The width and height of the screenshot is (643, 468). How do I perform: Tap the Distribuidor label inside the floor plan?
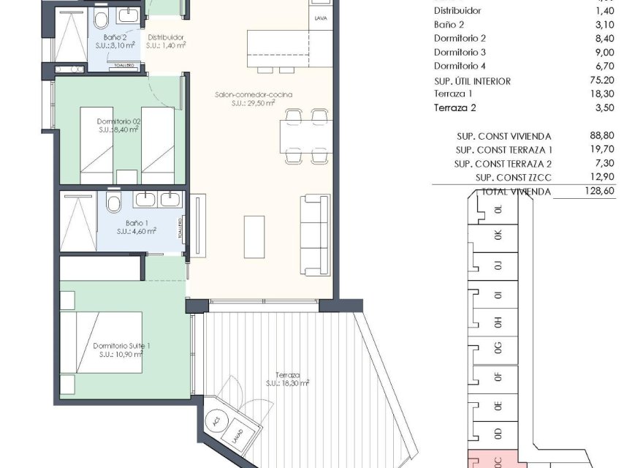(165, 37)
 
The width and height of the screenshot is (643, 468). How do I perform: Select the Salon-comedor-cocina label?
(243, 96)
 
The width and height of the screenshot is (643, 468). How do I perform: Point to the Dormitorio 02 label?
(119, 121)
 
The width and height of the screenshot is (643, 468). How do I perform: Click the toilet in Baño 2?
(102, 18)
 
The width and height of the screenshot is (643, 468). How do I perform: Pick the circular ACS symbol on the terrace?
(216, 422)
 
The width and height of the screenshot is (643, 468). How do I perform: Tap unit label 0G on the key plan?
(499, 346)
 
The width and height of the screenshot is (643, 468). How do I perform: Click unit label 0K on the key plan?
(499, 235)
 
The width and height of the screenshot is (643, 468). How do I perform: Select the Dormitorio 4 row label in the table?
(460, 67)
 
